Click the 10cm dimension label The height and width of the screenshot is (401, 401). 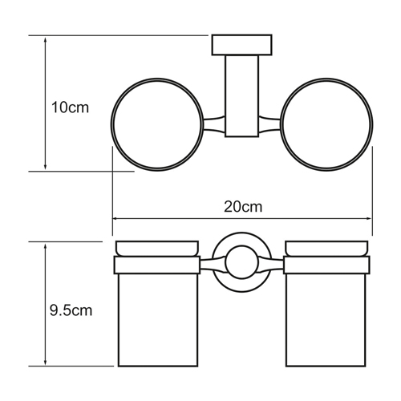click(70, 107)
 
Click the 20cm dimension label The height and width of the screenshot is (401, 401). click(243, 207)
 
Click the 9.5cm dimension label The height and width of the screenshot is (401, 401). click(71, 310)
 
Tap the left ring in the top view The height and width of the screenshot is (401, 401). click(112, 124)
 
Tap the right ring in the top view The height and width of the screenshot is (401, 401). click(372, 124)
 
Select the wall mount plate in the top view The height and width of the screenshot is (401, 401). click(242, 45)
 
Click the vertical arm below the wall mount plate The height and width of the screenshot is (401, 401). click(242, 96)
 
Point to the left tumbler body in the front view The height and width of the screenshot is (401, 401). click(158, 320)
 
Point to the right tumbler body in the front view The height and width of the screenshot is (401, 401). click(326, 320)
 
